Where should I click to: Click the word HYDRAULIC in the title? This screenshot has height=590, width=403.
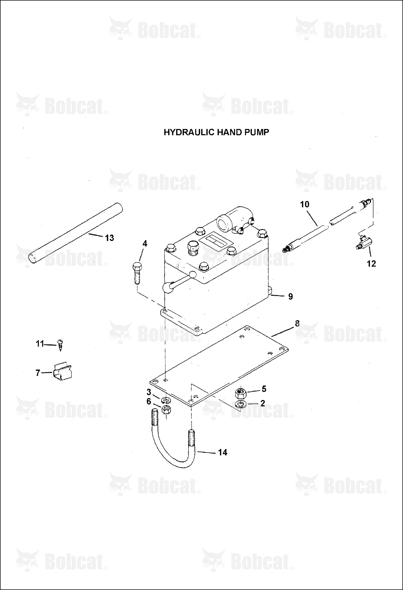click(186, 132)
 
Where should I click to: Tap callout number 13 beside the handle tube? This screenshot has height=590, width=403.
click(109, 238)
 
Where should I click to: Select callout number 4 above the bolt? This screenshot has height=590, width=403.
click(145, 244)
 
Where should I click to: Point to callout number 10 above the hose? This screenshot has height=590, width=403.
click(305, 204)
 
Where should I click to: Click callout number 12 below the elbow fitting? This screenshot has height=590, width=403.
click(371, 264)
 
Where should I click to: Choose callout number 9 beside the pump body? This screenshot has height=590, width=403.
click(291, 296)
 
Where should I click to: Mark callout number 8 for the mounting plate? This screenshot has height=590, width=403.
click(297, 324)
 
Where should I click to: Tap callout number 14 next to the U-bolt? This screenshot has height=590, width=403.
click(222, 452)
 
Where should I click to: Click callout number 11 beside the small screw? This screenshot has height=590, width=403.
click(40, 344)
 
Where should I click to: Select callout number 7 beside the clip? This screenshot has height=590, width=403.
click(38, 373)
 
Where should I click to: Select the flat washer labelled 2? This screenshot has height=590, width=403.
click(241, 404)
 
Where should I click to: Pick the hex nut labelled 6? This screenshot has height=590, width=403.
click(167, 410)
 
